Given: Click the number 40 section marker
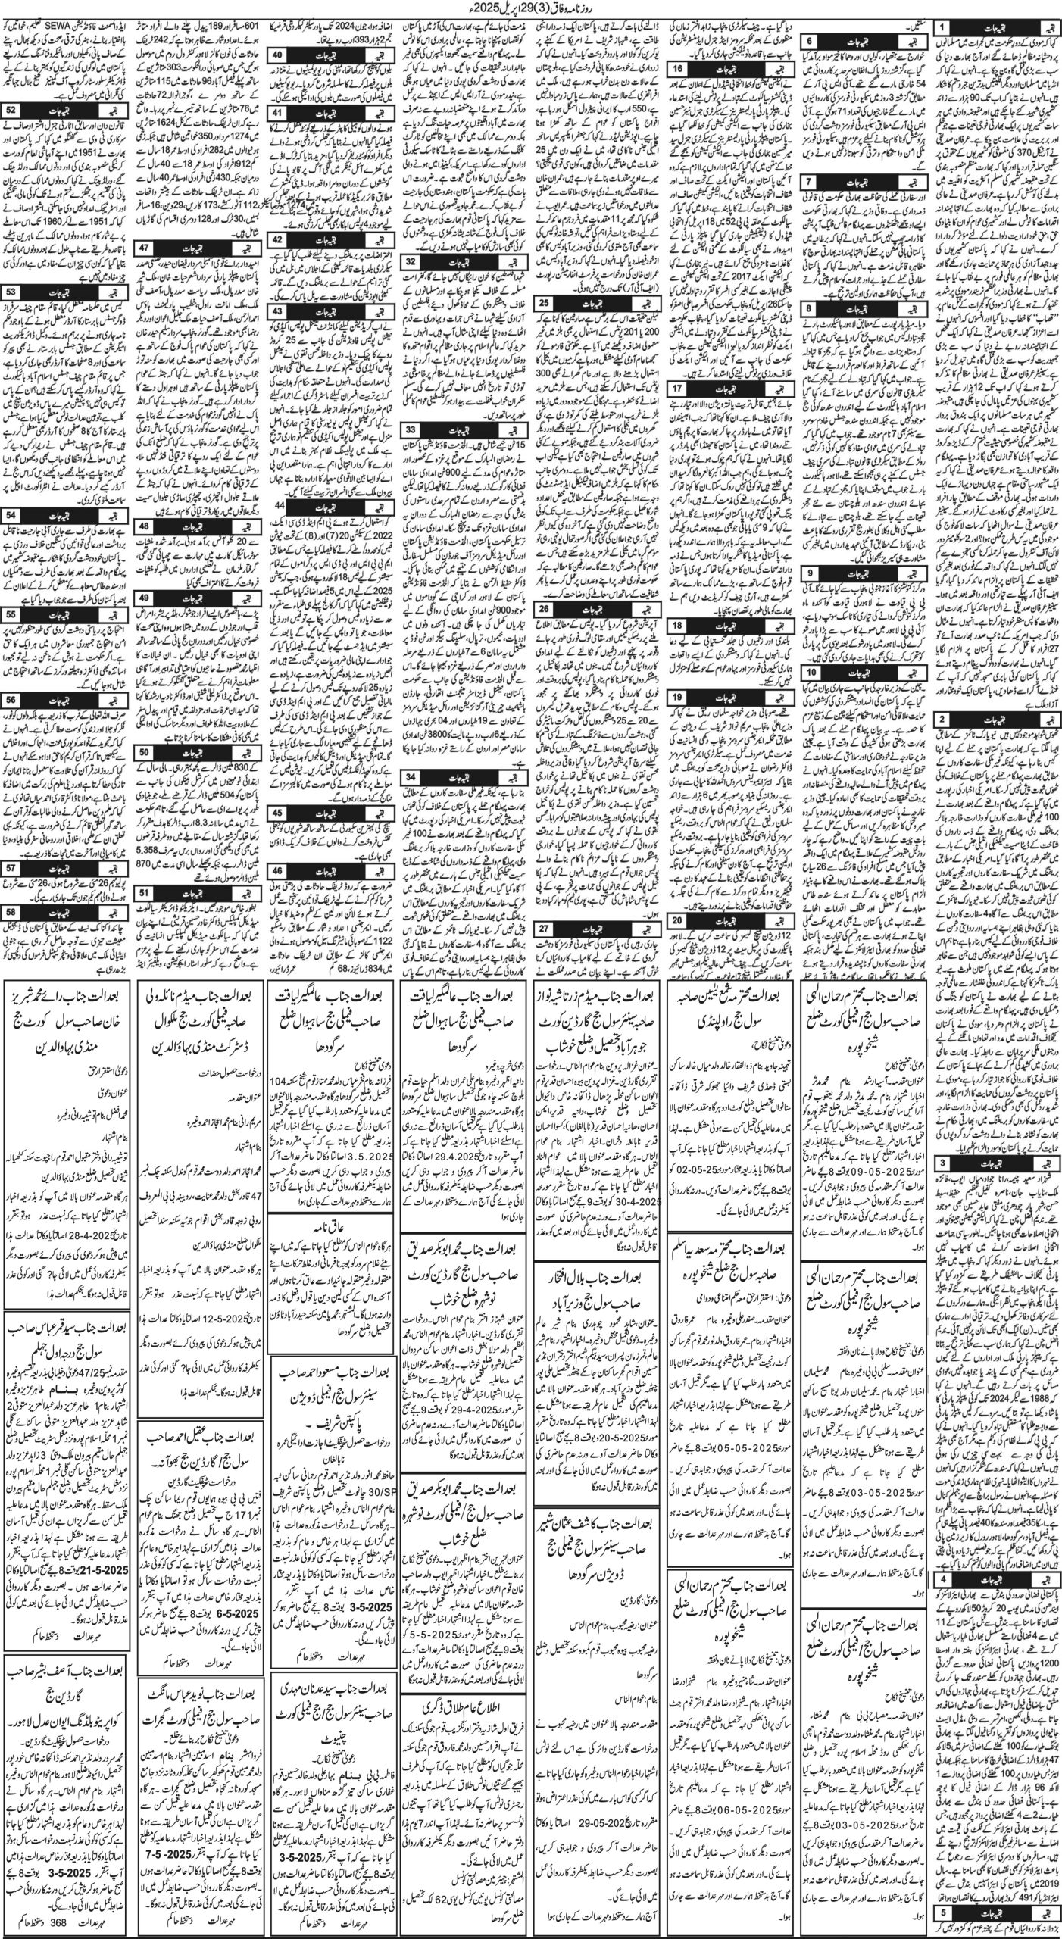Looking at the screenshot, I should pyautogui.click(x=278, y=55).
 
